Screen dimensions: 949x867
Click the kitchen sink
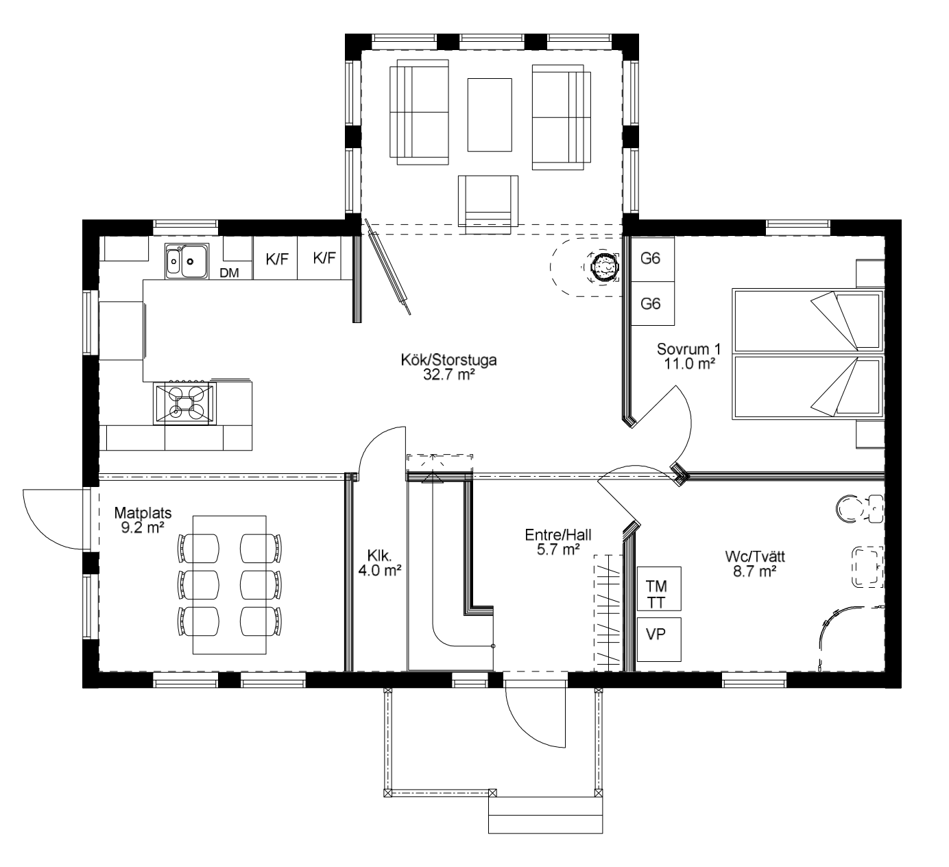point(187,261)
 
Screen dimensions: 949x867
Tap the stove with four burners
point(184,403)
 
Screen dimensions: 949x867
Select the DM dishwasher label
point(230,272)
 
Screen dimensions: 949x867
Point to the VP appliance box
point(659,639)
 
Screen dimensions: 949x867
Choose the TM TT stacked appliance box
point(659,589)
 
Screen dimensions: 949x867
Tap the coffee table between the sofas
point(490,115)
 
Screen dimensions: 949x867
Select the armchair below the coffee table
point(488,204)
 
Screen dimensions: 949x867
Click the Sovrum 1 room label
point(689,349)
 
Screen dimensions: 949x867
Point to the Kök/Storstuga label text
point(448,360)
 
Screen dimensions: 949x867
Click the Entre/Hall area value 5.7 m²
point(558,549)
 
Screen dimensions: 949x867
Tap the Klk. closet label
point(379,555)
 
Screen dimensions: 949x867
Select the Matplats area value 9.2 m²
point(143,527)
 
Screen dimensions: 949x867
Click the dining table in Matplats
point(230,585)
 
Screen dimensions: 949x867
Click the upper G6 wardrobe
point(653,259)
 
